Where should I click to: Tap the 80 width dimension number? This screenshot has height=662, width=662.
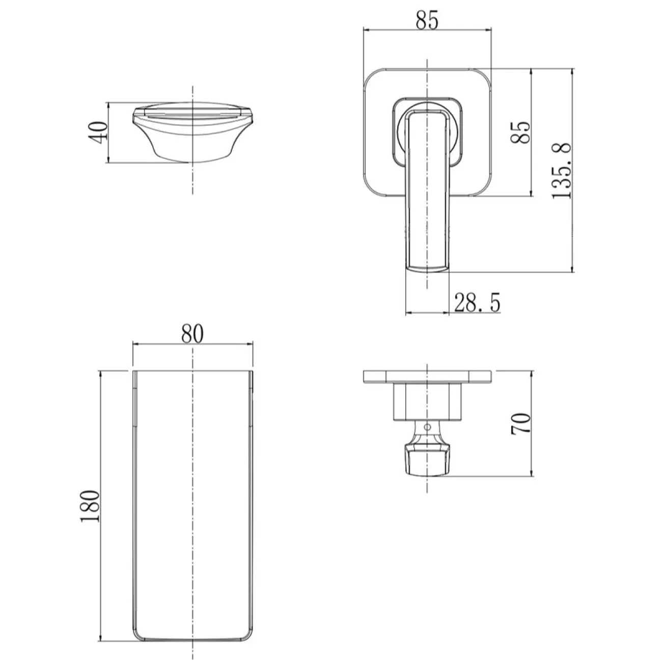pos(192,333)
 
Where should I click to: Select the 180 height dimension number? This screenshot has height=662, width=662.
pos(90,506)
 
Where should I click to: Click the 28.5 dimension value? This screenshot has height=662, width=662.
pos(477,302)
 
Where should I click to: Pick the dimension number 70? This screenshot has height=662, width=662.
pos(521,424)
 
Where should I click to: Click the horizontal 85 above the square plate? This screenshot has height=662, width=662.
pos(427,20)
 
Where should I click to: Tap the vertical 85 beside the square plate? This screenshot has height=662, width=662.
pos(520,132)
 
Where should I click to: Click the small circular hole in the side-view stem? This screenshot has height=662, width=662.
pos(427,427)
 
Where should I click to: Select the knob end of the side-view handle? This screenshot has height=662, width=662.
pos(427,460)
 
